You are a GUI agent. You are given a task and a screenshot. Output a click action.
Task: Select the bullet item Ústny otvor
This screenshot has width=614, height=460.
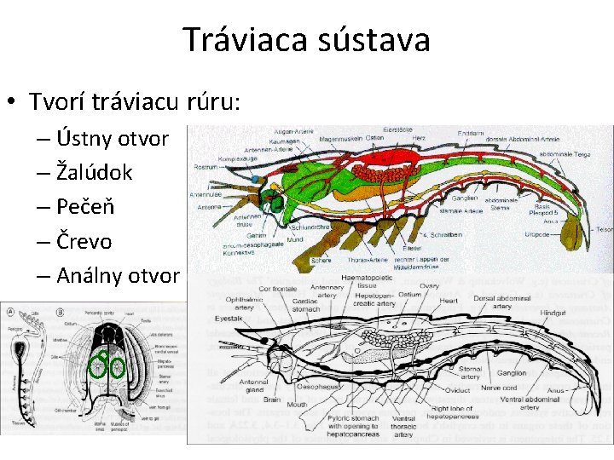tap(113, 138)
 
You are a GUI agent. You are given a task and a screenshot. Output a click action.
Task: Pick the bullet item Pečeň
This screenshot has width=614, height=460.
tap(84, 207)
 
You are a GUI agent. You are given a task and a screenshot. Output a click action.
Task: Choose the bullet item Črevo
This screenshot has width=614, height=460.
tap(84, 241)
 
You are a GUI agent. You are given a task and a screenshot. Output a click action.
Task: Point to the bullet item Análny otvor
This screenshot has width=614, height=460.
tap(118, 275)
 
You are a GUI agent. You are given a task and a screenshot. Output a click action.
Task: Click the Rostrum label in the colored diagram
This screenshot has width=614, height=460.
tap(206, 166)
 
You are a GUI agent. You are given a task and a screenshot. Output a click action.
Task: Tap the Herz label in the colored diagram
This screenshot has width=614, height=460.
tap(418, 139)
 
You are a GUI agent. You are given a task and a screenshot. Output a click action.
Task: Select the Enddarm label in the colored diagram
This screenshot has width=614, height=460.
tap(471, 134)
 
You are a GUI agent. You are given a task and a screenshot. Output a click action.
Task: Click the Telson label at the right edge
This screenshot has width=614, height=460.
tap(604, 229)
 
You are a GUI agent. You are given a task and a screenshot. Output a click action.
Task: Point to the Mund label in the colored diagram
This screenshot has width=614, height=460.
tap(295, 240)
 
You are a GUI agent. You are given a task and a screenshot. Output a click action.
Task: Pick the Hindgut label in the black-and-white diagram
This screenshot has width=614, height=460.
tap(553, 313)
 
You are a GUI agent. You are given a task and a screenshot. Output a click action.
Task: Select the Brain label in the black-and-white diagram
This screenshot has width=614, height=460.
tap(272, 399)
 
